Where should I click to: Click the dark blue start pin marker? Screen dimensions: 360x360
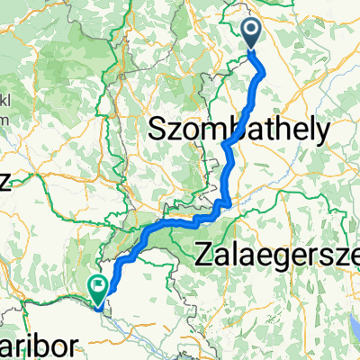[x=252, y=34]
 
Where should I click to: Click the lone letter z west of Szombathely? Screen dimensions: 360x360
[x=4, y=183]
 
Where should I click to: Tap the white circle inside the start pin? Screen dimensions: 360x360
[x=252, y=31]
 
